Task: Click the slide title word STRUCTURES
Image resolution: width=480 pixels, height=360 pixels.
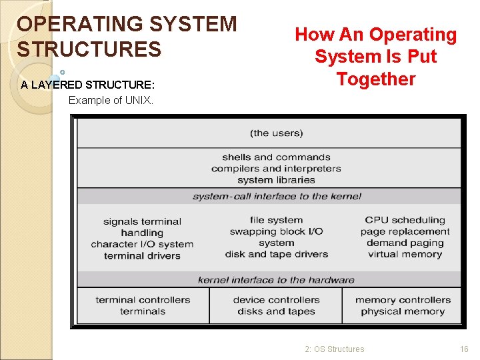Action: click(x=89, y=49)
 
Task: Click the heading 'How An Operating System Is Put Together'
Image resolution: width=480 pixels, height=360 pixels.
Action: click(x=376, y=57)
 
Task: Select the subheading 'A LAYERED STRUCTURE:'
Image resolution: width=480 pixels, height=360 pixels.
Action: click(x=87, y=85)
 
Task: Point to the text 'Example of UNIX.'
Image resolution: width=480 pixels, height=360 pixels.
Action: click(x=111, y=101)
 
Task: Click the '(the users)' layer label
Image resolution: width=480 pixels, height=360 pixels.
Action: click(x=276, y=133)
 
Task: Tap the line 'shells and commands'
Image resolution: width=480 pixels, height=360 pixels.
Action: click(x=276, y=157)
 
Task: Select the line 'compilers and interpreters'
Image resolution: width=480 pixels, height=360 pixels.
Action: click(x=276, y=169)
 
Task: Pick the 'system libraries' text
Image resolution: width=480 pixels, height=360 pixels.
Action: click(x=276, y=180)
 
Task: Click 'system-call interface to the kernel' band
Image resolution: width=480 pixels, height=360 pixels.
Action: click(x=276, y=196)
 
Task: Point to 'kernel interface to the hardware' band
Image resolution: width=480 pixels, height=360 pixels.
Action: click(x=276, y=280)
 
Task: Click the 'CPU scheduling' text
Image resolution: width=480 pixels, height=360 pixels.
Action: click(x=405, y=220)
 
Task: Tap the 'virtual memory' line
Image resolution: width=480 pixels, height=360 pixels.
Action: click(x=405, y=254)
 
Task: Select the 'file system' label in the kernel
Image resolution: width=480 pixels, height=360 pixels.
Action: click(x=276, y=220)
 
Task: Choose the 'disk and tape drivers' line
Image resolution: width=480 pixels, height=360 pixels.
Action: click(x=276, y=254)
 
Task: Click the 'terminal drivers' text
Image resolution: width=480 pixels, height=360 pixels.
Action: click(x=142, y=256)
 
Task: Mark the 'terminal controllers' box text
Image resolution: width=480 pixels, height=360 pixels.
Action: click(x=143, y=300)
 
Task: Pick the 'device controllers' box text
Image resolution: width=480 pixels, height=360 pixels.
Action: click(x=276, y=300)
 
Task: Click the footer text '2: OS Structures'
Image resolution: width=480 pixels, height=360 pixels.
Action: click(x=335, y=349)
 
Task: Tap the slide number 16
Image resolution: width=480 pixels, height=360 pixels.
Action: click(x=464, y=349)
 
